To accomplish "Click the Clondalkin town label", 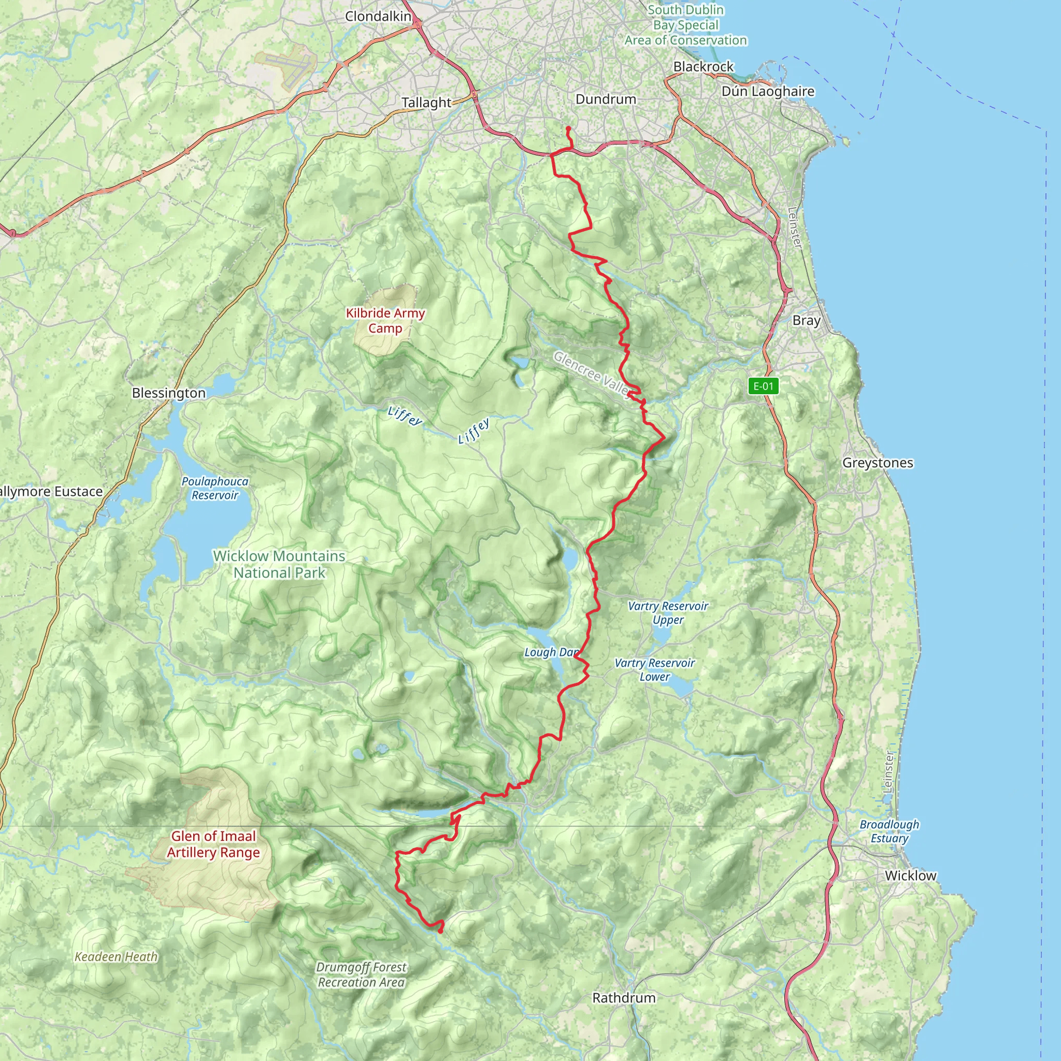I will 378,17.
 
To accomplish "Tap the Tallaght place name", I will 426,103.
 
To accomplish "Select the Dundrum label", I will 606,99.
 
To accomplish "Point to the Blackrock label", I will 704,66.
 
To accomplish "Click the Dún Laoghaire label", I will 768,91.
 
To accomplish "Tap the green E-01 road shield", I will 763,386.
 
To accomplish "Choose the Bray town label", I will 806,320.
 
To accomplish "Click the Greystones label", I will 878,463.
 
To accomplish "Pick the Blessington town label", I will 168,393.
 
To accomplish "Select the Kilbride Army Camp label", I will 385,321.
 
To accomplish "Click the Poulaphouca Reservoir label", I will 214,488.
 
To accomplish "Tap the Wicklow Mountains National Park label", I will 279,564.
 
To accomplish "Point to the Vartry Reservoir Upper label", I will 668,613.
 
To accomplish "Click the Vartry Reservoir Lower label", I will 655,670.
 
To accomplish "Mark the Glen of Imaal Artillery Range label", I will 213,844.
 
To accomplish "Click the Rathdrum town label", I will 624,998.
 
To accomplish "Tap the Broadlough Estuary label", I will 889,831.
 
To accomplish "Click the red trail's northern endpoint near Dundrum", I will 568,128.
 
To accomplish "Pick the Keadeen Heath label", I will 116,957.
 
